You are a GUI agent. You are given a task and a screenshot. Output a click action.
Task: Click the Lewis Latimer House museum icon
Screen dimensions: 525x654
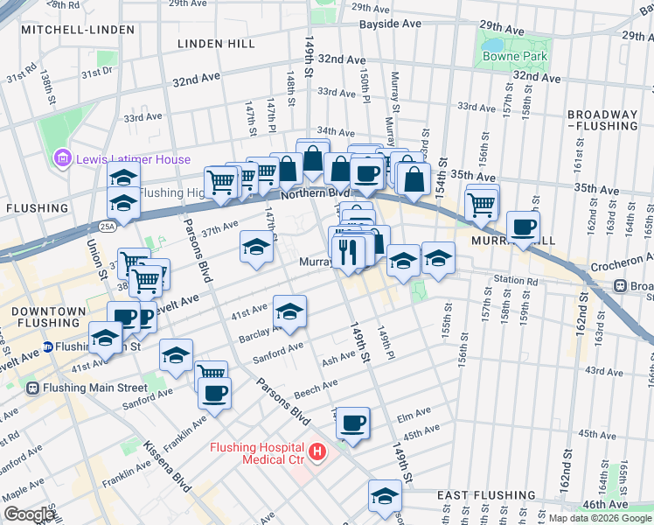(62, 159)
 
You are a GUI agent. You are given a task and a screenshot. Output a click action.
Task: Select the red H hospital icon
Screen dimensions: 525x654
(317, 452)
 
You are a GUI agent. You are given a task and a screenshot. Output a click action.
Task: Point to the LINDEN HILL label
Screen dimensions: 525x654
(216, 43)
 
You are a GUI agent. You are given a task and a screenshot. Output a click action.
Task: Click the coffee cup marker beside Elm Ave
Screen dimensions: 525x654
(353, 423)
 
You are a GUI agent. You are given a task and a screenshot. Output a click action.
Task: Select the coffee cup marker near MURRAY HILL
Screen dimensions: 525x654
(523, 227)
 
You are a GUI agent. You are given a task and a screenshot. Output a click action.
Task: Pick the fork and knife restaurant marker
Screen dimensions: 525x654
(349, 252)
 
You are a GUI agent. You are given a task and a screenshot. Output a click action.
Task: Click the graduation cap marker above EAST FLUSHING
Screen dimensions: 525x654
(385, 496)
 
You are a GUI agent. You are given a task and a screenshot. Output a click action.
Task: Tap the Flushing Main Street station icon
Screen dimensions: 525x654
(33, 388)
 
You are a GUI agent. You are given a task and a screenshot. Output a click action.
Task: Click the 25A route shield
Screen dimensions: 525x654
(107, 227)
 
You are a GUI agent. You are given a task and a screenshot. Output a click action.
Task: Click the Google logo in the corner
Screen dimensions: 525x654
(29, 514)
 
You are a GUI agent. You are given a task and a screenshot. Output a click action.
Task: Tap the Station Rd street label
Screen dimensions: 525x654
(514, 282)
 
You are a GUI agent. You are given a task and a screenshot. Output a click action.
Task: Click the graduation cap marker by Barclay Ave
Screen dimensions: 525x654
(290, 310)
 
